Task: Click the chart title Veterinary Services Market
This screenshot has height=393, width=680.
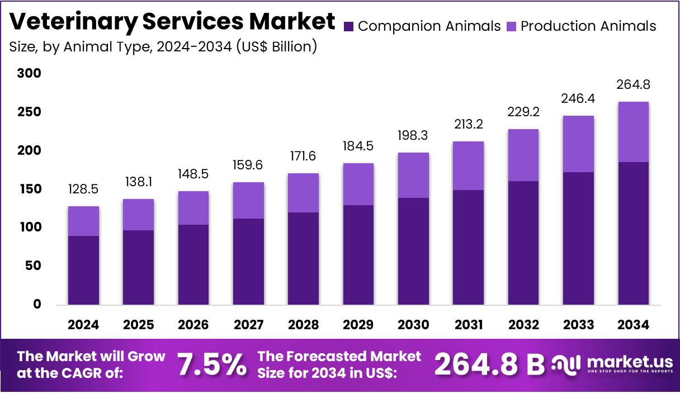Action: point(172,21)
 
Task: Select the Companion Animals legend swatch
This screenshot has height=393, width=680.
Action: point(349,26)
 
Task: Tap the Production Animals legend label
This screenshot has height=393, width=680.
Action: point(588,26)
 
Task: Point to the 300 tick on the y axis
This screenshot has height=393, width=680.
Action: point(29,73)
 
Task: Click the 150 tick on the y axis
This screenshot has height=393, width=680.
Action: point(29,189)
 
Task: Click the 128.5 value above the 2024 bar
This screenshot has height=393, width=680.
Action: point(83,189)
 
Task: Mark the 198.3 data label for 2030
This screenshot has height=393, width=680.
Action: point(413,135)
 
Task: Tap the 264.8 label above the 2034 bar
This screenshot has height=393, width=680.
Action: point(634,85)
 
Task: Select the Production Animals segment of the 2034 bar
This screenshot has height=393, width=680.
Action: point(634,132)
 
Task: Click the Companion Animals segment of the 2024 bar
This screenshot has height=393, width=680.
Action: point(83,270)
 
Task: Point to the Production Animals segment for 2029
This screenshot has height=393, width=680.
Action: point(358,184)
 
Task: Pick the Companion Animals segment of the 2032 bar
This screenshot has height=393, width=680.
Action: point(523,243)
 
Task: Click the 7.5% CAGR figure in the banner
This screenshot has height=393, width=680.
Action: point(212,364)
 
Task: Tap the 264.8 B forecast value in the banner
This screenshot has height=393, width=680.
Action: point(489,364)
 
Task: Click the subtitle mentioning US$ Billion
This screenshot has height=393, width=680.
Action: point(163,46)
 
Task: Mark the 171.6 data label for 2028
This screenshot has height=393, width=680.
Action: point(303,156)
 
